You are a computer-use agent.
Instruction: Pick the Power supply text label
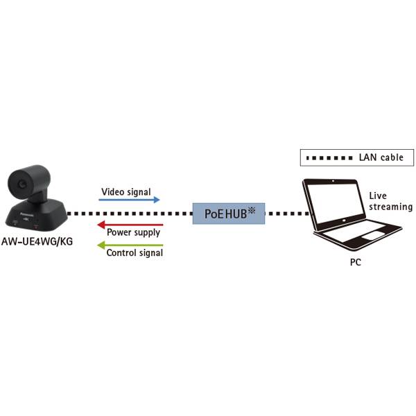pos(134,234)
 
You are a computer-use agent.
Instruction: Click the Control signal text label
pos(135,253)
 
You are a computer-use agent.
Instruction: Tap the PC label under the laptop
pos(355,263)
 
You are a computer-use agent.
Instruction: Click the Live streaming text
pos(390,202)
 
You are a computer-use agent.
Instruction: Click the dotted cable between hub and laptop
pos(288,213)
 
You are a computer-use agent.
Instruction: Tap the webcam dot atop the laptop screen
pos(333,182)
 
